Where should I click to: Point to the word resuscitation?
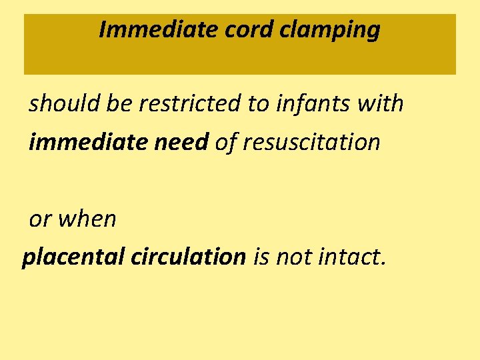click(311, 142)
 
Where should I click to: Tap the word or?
click(40, 219)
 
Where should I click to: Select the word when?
click(87, 219)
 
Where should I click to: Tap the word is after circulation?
click(262, 257)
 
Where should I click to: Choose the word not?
click(293, 257)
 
